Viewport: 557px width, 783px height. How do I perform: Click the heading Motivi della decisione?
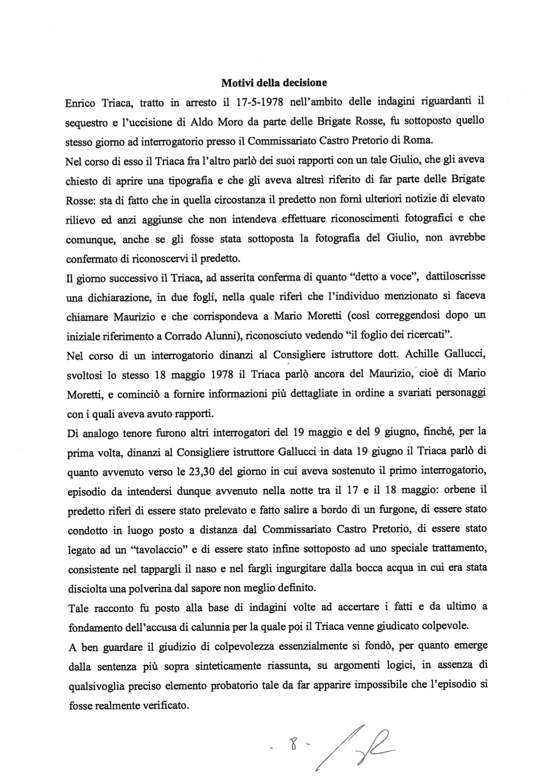[x=274, y=83]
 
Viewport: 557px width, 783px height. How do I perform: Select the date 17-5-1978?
[x=259, y=102]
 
